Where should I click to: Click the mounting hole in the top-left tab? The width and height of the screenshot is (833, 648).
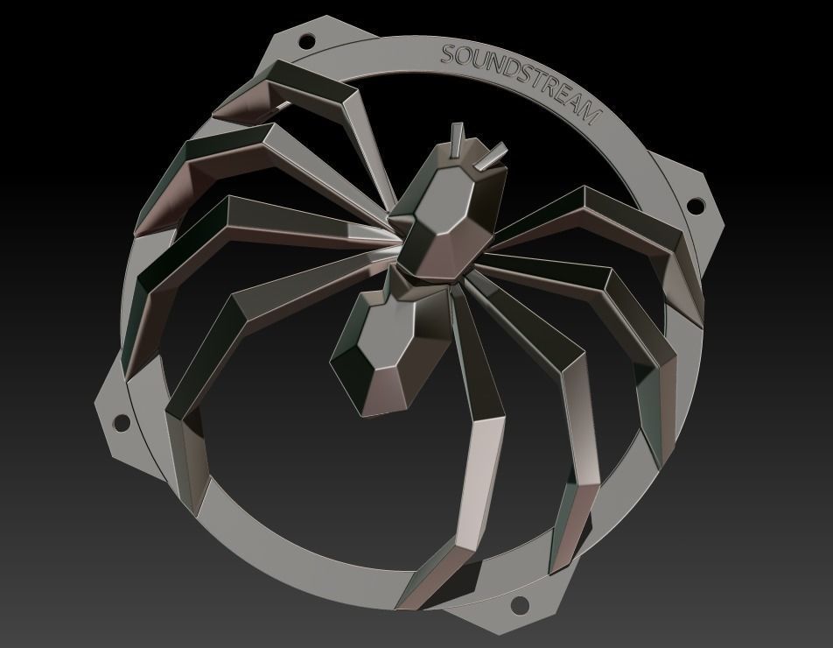pos(307,40)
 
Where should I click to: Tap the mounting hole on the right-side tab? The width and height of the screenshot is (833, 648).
pos(696,206)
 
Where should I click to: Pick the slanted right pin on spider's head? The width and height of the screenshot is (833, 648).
pos(491,156)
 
